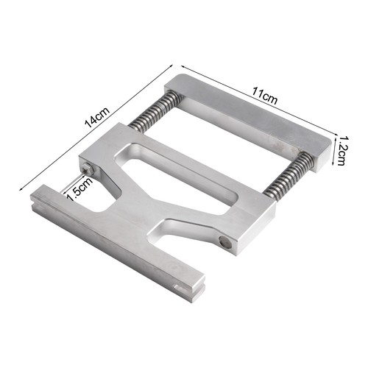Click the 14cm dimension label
(97, 118)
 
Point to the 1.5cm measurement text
(80, 189)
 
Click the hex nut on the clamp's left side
(89, 169)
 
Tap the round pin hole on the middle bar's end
(226, 242)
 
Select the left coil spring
(155, 111)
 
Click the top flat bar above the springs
(248, 122)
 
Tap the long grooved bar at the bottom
(118, 243)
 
